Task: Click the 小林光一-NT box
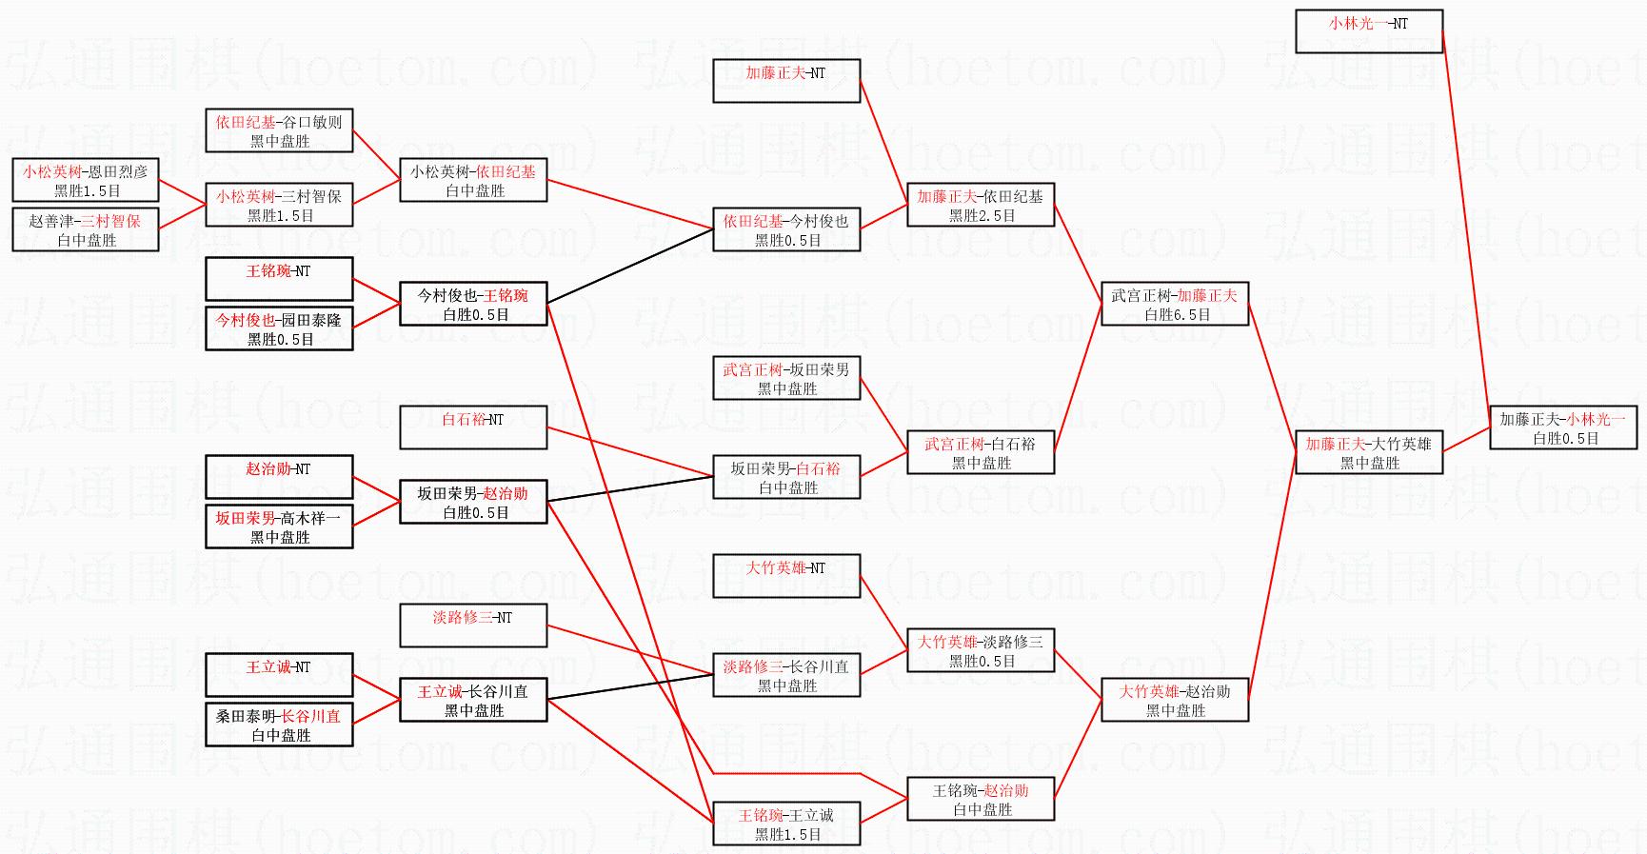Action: pos(1369,31)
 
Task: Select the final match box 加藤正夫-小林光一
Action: pos(1563,427)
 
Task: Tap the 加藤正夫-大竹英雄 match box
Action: pos(1369,452)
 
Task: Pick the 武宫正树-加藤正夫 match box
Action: pos(1175,304)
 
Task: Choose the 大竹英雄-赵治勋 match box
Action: pos(1175,700)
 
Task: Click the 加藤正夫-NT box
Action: pos(786,81)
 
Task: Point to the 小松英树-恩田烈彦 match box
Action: pos(86,180)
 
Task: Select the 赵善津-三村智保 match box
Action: pos(86,229)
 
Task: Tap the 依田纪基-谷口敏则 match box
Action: pos(279,130)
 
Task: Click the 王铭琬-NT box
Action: pos(279,279)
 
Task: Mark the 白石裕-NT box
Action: pos(473,427)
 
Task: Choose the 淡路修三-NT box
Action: pos(473,626)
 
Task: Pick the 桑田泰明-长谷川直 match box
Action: pos(279,725)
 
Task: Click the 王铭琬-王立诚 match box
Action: pos(786,824)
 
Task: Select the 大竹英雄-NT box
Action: pos(786,576)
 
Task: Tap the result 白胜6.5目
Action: pos(1177,314)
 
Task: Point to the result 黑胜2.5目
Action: pos(982,215)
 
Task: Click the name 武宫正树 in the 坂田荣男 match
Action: pos(752,369)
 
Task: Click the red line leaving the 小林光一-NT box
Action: pos(1466,228)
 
